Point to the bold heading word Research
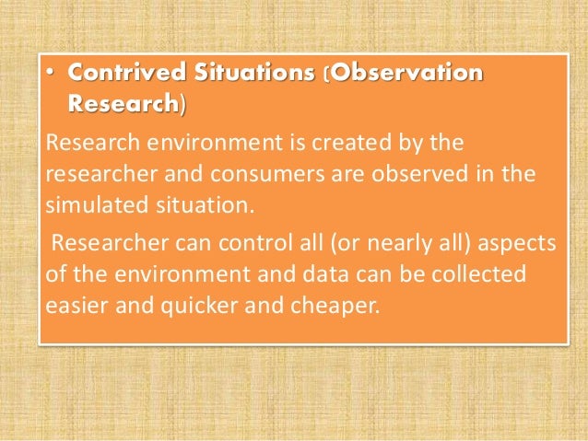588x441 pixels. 123,105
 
